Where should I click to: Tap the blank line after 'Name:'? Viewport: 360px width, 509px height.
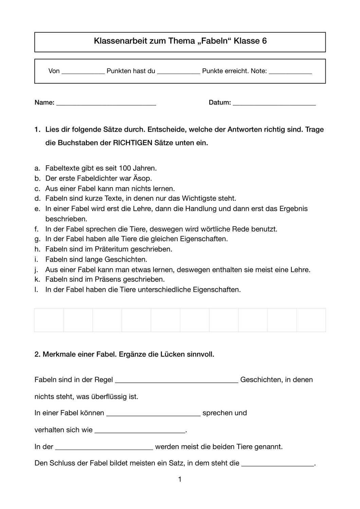pos(106,103)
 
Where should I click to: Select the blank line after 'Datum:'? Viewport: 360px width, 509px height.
pos(274,103)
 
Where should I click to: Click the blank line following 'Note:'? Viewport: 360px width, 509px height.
pos(290,72)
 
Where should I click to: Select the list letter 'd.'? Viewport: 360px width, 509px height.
pos(37,198)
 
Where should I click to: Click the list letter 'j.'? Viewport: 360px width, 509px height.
pos(37,270)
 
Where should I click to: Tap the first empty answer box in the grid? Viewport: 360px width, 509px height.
pos(49,320)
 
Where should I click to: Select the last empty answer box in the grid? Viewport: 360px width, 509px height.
pos(311,320)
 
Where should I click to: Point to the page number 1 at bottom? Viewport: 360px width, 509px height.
pos(180,479)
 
